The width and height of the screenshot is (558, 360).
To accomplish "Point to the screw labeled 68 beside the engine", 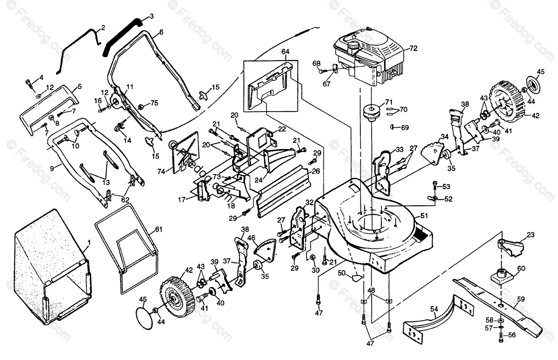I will coord(322,71).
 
